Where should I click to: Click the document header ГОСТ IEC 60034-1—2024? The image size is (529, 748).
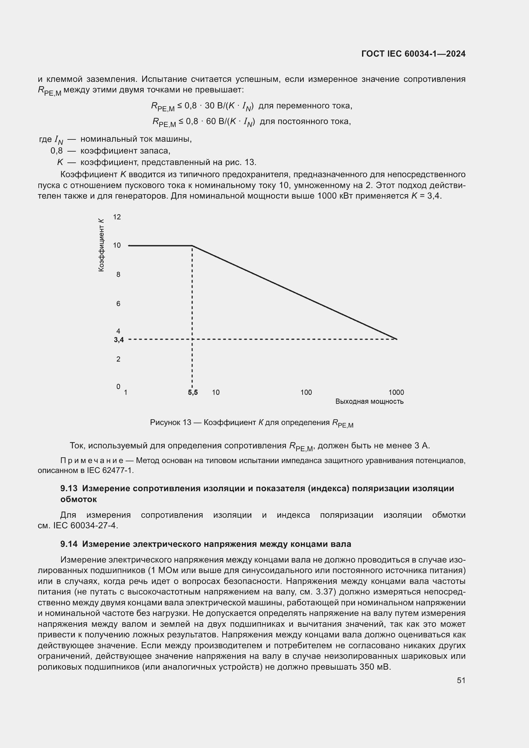click(413, 54)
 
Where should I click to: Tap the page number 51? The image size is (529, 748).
click(461, 680)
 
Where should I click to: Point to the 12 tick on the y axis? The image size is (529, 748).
click(117, 217)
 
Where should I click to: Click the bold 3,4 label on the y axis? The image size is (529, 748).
click(119, 340)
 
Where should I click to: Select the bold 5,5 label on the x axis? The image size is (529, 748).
click(193, 392)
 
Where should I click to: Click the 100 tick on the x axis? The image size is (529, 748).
click(306, 392)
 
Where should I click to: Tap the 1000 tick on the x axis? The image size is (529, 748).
click(396, 392)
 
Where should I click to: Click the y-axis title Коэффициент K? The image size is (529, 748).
click(102, 245)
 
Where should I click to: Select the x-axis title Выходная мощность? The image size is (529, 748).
click(369, 401)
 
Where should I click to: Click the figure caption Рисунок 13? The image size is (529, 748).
click(170, 422)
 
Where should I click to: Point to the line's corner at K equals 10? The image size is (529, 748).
click(192, 246)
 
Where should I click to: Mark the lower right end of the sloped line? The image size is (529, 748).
click(396, 339)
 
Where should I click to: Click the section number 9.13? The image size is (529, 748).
click(69, 488)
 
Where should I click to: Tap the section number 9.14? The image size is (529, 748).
click(69, 544)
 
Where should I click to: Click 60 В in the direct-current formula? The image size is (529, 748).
click(215, 122)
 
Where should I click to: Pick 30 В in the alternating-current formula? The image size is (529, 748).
click(213, 106)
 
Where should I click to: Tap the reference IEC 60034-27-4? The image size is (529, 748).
click(84, 525)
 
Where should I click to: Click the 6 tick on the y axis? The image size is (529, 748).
click(118, 303)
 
